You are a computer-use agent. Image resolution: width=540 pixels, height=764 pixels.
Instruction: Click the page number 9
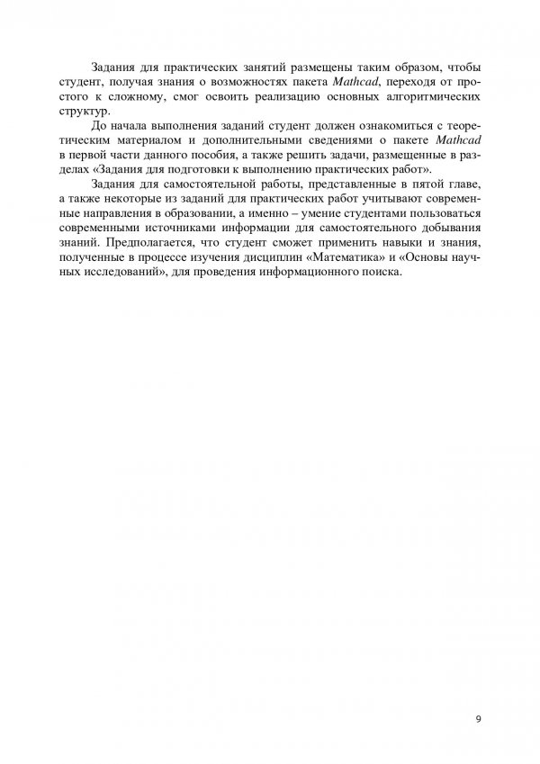click(478, 718)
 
